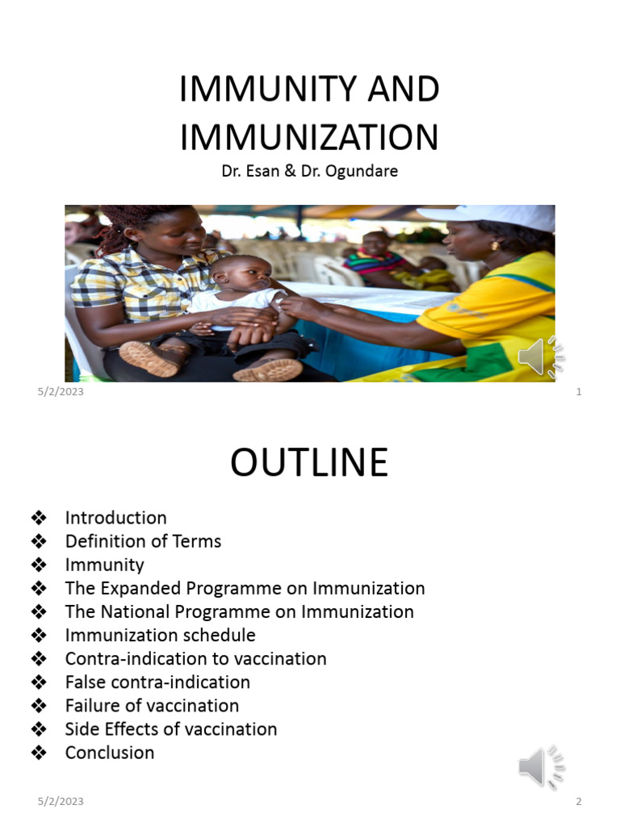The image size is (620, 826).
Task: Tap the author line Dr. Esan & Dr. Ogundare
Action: tap(309, 172)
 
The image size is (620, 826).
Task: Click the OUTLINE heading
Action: tap(309, 463)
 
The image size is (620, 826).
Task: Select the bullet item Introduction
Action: tap(115, 518)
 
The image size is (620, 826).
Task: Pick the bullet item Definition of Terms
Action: tap(143, 541)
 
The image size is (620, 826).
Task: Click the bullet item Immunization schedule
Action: tap(160, 635)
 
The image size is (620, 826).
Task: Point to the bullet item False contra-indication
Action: tap(157, 682)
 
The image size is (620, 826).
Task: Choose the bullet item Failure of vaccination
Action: tap(152, 705)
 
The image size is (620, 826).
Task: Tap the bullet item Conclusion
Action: tap(109, 752)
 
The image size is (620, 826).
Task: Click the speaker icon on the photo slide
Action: tap(541, 357)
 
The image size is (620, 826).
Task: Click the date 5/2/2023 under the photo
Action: tap(61, 392)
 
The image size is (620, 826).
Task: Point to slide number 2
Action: tap(579, 801)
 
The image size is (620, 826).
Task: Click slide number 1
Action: tap(579, 392)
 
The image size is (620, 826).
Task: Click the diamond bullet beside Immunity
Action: tap(38, 565)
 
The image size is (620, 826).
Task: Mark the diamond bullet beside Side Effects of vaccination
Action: tap(38, 728)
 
